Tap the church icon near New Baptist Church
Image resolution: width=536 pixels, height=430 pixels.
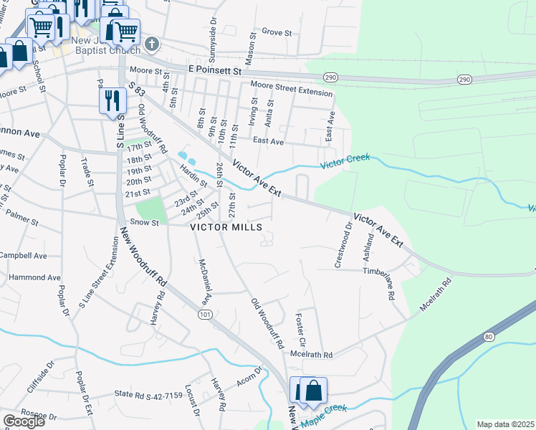coord(151,44)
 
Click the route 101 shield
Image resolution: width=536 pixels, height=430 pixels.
coord(206,314)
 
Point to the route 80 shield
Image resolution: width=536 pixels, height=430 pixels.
coord(489,336)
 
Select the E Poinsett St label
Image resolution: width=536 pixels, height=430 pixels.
coord(216,72)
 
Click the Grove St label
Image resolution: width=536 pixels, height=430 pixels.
coord(277,32)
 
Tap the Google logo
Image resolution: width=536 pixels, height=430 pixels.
coord(24,421)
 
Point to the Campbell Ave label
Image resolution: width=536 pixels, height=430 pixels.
coord(23,256)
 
